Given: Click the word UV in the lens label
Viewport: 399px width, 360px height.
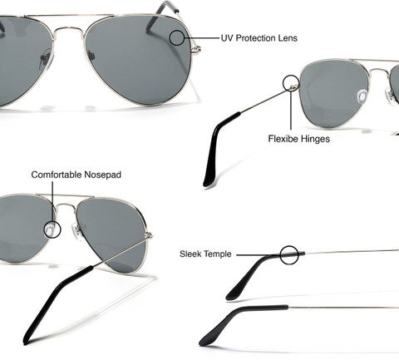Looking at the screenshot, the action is pyautogui.click(x=227, y=38).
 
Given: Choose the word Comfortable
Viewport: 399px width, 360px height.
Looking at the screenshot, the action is pyautogui.click(x=57, y=175).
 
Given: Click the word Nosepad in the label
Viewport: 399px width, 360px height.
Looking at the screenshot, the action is pyautogui.click(x=103, y=175).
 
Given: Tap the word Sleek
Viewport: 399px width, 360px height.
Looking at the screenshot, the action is pyautogui.click(x=191, y=254).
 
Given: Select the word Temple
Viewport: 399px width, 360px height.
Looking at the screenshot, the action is pyautogui.click(x=219, y=254).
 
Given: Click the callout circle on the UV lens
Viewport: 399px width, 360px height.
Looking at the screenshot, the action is pyautogui.click(x=170, y=38).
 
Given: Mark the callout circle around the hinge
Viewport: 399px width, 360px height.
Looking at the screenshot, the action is pyautogui.click(x=283, y=83).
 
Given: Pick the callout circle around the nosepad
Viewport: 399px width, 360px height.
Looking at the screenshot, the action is pyautogui.click(x=44, y=229).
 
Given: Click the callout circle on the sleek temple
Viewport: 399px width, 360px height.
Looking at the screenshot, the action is pyautogui.click(x=280, y=254).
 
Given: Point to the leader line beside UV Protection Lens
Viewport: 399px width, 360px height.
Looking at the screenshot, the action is pyautogui.click(x=202, y=37).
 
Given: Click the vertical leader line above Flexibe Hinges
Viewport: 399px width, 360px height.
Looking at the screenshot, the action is pyautogui.click(x=291, y=109).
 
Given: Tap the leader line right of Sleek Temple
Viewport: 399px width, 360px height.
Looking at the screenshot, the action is pyautogui.click(x=258, y=255).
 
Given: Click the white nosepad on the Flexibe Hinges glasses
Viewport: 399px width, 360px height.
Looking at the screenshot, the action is pyautogui.click(x=362, y=96).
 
